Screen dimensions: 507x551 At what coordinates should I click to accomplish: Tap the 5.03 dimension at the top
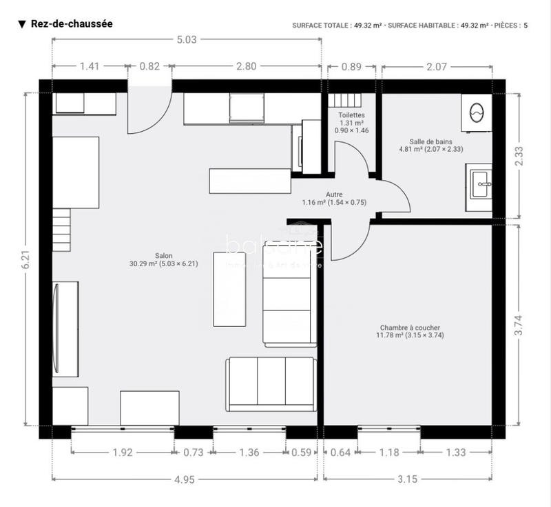(187, 40)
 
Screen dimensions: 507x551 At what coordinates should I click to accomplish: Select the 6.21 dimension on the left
(25, 258)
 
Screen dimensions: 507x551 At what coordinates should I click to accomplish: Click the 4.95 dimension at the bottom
(184, 479)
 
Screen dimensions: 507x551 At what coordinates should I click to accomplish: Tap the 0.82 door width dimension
(149, 66)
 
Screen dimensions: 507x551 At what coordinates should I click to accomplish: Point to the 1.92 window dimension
(122, 453)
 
